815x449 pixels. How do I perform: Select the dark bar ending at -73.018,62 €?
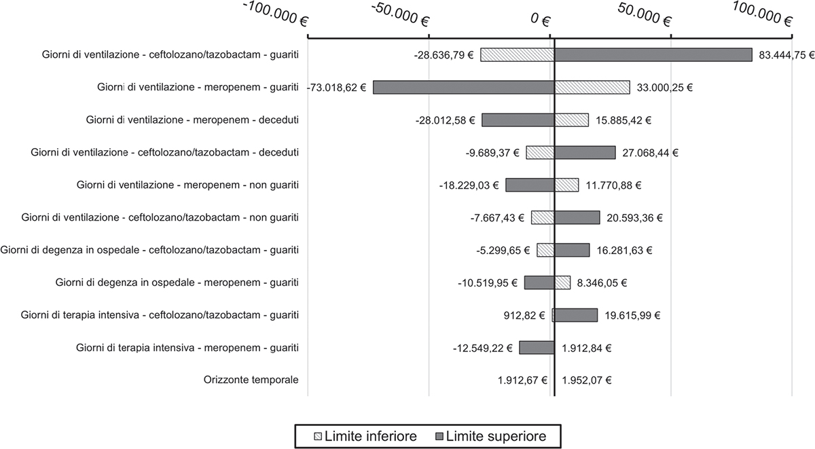click(x=463, y=88)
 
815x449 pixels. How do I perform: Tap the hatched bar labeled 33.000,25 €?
click(x=592, y=88)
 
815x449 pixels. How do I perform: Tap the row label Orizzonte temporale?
click(x=251, y=380)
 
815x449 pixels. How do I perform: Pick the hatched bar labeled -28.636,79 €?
click(x=517, y=55)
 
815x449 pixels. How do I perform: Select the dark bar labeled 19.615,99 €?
click(x=576, y=315)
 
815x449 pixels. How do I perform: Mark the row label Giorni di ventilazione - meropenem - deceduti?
click(x=192, y=120)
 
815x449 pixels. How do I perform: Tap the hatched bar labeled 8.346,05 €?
click(x=562, y=283)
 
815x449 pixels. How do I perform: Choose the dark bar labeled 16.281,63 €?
click(x=572, y=250)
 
